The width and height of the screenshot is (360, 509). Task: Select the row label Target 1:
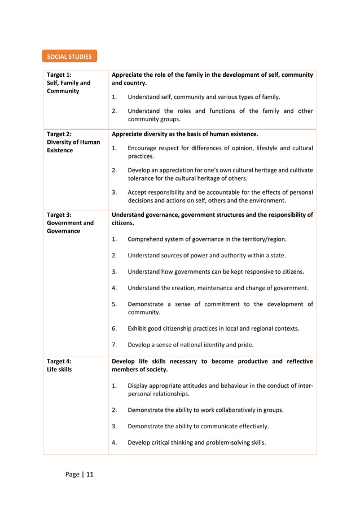point(59,75)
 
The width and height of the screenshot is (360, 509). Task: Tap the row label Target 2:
point(59,134)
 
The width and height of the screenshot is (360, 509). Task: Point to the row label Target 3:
point(59,214)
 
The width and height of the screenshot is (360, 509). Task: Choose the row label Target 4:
point(59,361)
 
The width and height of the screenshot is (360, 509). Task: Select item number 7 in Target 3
point(115,344)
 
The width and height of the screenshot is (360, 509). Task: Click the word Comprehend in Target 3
point(146,239)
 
